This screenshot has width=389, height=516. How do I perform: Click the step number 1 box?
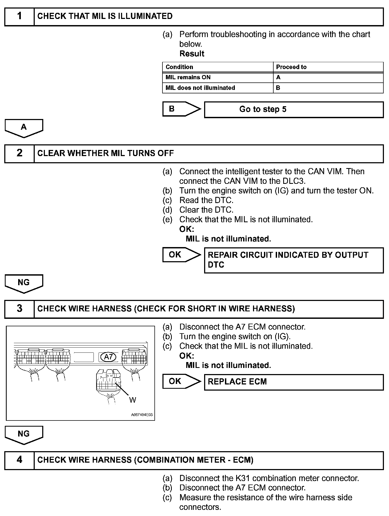point(20,17)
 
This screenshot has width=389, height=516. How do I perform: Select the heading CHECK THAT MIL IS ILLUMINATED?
point(105,16)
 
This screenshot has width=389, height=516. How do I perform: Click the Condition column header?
point(179,67)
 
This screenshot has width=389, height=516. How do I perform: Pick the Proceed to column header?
point(291,67)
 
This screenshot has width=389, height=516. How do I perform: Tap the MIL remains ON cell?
point(188,77)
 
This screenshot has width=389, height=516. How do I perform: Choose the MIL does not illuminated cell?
point(200,88)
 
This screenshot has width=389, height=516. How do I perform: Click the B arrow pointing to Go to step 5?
point(181,109)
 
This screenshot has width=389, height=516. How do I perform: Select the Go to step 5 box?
point(293,109)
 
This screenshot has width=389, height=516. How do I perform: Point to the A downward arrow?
point(24,128)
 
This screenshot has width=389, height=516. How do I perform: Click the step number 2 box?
point(20,153)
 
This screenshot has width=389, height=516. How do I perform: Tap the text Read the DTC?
point(206,200)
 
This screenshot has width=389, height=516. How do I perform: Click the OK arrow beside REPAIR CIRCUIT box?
point(181,255)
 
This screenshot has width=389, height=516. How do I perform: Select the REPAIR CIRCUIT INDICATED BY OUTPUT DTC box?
point(293,260)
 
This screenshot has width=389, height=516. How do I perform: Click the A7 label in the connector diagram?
point(108,357)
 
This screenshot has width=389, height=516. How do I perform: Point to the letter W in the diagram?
point(133,400)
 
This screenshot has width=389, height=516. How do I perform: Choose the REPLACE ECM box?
point(293,382)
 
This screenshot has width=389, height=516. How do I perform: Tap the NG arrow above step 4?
point(24,434)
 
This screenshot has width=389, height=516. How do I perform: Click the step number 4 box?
point(20,460)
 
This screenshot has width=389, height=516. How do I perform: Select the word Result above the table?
point(192,54)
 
